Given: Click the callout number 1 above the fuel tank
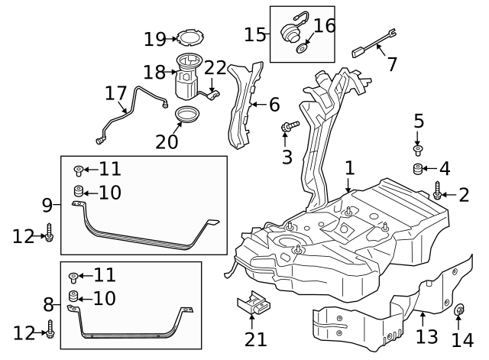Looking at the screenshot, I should tap(349, 167).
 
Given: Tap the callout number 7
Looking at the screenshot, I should tap(391, 64).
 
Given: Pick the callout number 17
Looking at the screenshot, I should tap(115, 93).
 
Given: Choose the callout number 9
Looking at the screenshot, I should tap(47, 205).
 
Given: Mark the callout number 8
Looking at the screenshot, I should tap(47, 305).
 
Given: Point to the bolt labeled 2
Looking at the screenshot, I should tap(438, 191).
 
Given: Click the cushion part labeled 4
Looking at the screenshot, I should tap(419, 169).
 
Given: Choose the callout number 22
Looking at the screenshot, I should tap(215, 66).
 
